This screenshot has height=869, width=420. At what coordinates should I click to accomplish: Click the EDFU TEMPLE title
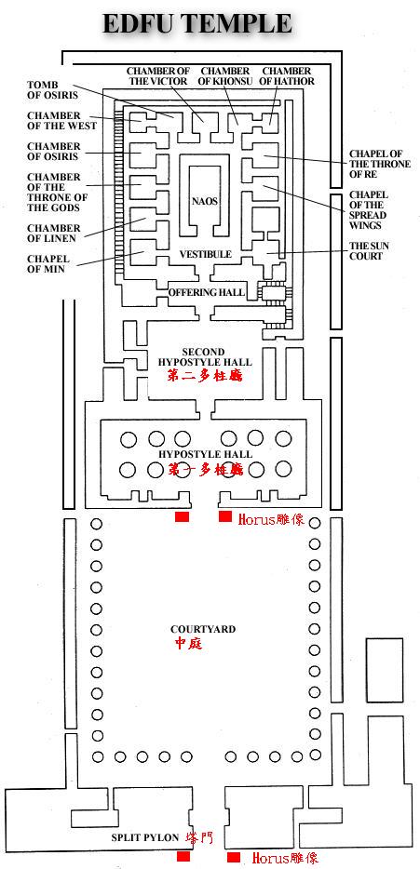coord(196,24)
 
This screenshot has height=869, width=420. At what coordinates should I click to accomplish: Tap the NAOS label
coord(205,201)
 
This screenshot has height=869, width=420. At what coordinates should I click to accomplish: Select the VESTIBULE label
coord(205,254)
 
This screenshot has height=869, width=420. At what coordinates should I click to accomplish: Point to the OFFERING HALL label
coord(207,292)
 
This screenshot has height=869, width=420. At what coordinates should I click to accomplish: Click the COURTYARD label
coord(203,630)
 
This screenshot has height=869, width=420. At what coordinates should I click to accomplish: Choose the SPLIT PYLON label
coord(144,837)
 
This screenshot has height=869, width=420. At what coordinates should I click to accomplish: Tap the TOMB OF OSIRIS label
coord(53,90)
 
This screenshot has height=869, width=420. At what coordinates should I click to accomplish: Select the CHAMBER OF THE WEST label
coord(61,121)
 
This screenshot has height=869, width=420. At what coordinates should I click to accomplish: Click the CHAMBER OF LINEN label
coord(54,233)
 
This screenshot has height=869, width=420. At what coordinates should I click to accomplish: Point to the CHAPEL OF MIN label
coord(48,263)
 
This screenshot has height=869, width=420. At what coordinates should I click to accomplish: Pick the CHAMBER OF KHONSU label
coord(225,76)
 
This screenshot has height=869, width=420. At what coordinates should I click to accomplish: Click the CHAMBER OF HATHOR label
coord(287,76)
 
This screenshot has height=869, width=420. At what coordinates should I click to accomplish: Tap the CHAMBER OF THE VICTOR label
coord(158,76)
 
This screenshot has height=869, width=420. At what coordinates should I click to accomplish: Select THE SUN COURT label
coord(366,251)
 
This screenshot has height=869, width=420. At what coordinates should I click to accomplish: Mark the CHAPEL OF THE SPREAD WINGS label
coord(369,210)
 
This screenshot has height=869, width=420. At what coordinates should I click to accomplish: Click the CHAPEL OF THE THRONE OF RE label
coord(380,164)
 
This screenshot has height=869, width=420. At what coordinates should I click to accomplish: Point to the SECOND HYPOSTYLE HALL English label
coord(205,357)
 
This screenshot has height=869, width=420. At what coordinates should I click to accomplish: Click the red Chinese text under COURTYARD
coord(189,644)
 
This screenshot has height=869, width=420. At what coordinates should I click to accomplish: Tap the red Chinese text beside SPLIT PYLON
coord(199,837)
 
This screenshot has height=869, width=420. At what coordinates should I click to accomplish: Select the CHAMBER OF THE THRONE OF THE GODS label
coord(57,193)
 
